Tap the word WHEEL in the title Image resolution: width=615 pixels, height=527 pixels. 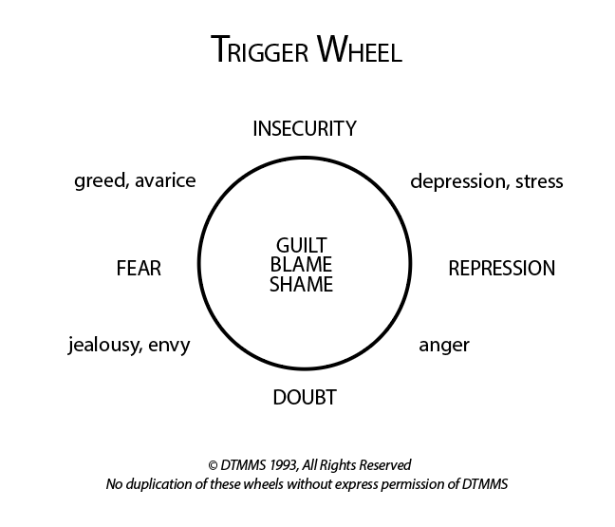359,50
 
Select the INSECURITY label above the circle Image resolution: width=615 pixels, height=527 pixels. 305,128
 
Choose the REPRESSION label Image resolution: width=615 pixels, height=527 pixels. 501,269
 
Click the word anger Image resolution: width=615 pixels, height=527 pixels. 444,345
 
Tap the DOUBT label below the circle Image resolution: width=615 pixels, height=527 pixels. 305,398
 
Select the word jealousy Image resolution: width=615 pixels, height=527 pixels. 104,345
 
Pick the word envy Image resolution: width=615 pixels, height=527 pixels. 170,345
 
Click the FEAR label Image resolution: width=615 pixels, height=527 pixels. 139,269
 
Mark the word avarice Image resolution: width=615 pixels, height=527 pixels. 165,180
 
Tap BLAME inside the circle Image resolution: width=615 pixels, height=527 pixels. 302,267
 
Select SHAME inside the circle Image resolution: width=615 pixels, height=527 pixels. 302,285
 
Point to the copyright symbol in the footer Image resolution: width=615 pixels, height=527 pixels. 212,466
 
